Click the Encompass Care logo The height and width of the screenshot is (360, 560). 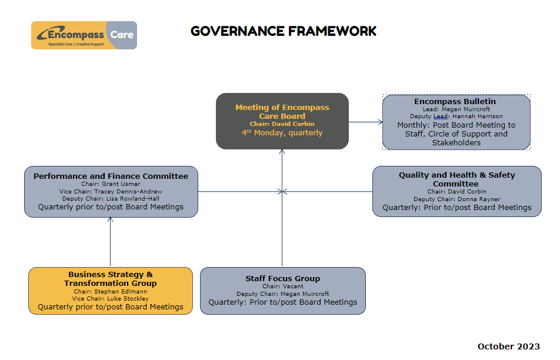[84, 35]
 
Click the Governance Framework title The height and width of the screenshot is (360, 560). [284, 31]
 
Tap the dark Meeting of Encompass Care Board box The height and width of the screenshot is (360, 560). [282, 121]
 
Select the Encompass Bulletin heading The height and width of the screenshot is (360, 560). [455, 101]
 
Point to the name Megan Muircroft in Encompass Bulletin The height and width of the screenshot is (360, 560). [466, 109]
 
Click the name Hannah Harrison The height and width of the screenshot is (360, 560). [477, 116]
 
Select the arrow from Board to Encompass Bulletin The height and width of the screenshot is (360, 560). [366, 122]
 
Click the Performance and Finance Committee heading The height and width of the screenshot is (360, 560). [111, 176]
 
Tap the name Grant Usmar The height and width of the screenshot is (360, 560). [121, 184]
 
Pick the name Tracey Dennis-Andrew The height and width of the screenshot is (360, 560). [128, 191]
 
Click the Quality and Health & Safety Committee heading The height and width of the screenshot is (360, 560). [457, 179]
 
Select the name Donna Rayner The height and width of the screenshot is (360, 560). [479, 199]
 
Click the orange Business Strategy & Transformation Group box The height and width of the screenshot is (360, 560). [111, 291]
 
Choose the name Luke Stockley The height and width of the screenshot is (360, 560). [128, 299]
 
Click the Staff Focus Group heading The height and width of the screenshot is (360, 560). [282, 279]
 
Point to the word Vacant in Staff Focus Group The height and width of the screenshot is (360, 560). [293, 286]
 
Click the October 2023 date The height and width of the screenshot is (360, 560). [509, 346]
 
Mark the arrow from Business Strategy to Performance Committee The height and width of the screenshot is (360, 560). [111, 242]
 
